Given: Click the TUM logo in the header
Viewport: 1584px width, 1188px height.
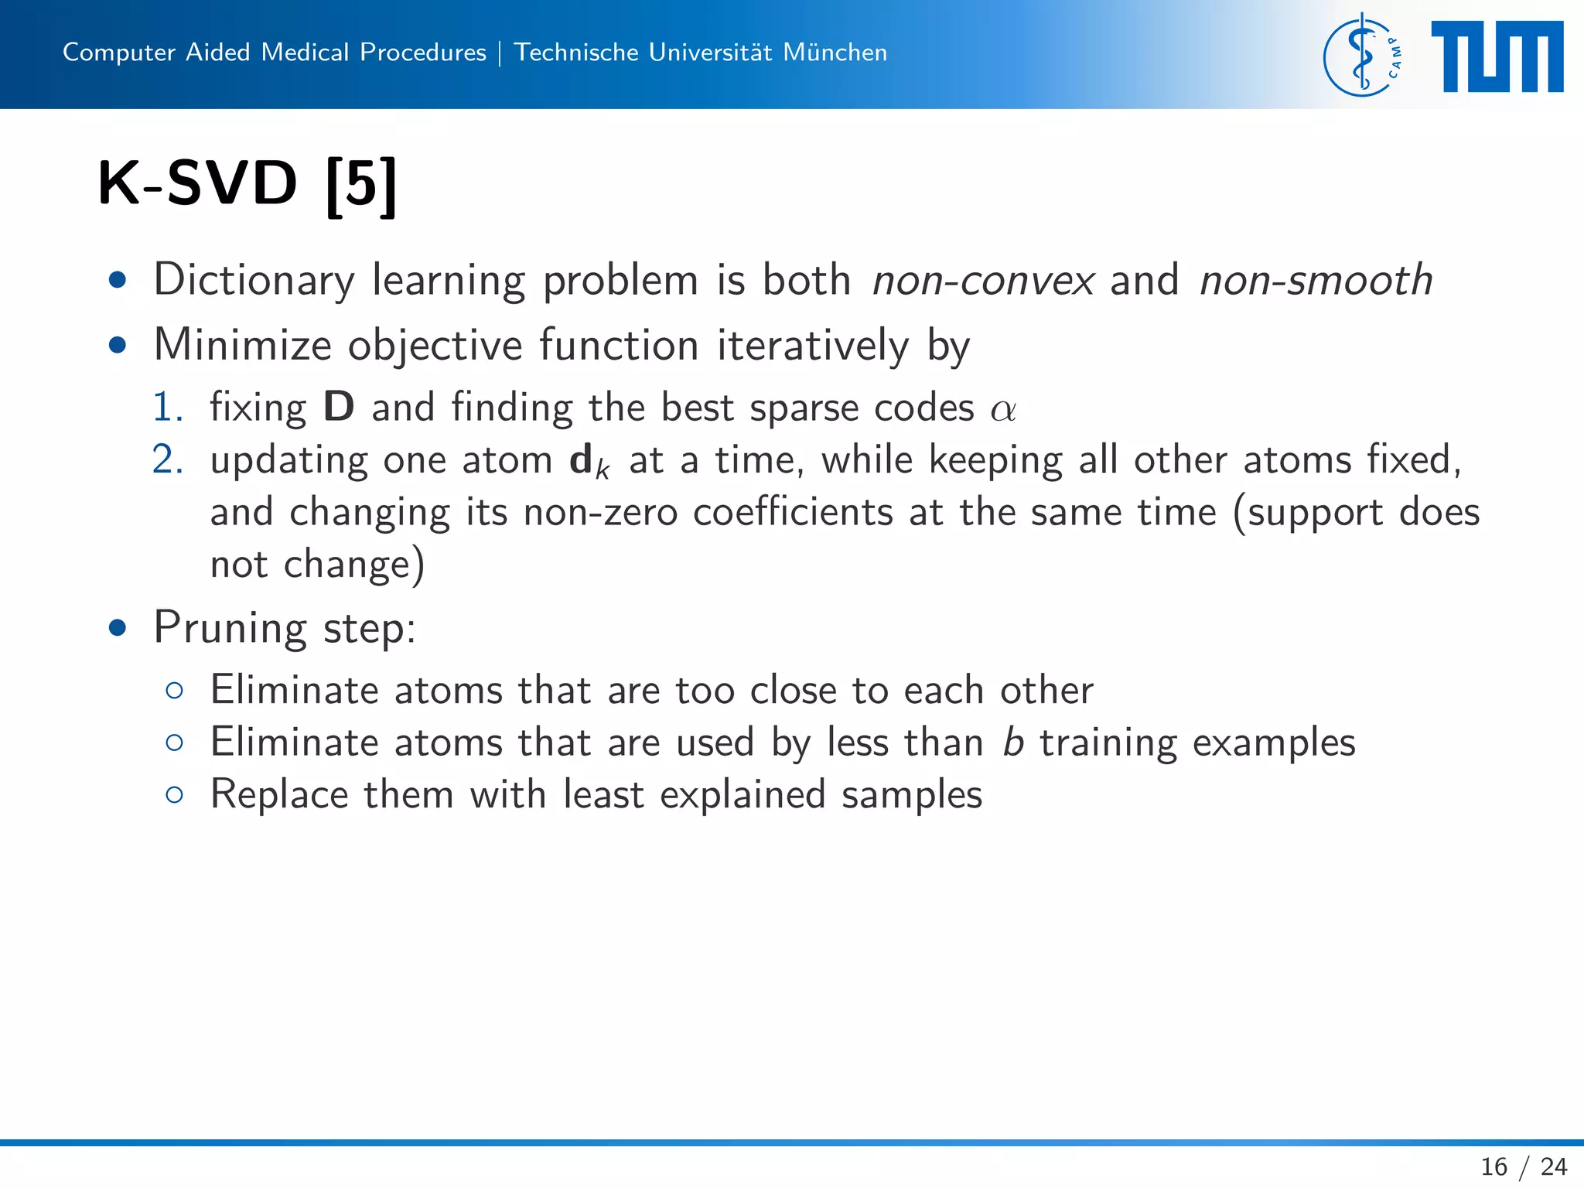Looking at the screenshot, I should (x=1497, y=56).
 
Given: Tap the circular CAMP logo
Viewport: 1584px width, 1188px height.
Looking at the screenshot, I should (x=1362, y=56).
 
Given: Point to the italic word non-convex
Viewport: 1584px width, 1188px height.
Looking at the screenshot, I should (x=983, y=280).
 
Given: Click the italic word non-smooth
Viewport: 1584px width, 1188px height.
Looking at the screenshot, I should (x=1316, y=280).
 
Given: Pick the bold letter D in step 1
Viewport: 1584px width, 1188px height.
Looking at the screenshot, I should (x=339, y=408).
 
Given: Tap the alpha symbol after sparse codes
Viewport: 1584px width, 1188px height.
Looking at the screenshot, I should (x=1003, y=409).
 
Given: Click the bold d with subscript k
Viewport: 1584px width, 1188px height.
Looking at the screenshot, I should (x=589, y=462).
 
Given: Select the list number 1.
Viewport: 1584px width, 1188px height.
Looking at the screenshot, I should (x=166, y=408).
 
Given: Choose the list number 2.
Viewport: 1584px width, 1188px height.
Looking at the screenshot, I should (x=167, y=460).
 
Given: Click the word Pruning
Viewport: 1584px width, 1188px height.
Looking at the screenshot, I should (x=230, y=628).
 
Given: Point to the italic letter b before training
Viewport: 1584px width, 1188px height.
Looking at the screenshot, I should (x=1013, y=742).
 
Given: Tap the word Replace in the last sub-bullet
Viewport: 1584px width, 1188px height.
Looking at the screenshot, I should (x=279, y=795).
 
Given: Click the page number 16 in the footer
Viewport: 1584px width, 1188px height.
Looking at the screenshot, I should (x=1494, y=1166).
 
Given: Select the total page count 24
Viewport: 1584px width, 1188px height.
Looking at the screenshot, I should (x=1553, y=1166).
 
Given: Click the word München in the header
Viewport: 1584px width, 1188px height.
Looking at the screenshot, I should (x=835, y=53).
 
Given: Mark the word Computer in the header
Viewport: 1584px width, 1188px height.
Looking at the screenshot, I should (x=119, y=53).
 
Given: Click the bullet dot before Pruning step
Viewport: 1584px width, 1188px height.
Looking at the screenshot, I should (x=118, y=627).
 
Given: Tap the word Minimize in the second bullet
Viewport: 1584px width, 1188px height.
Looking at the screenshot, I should (x=242, y=345).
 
